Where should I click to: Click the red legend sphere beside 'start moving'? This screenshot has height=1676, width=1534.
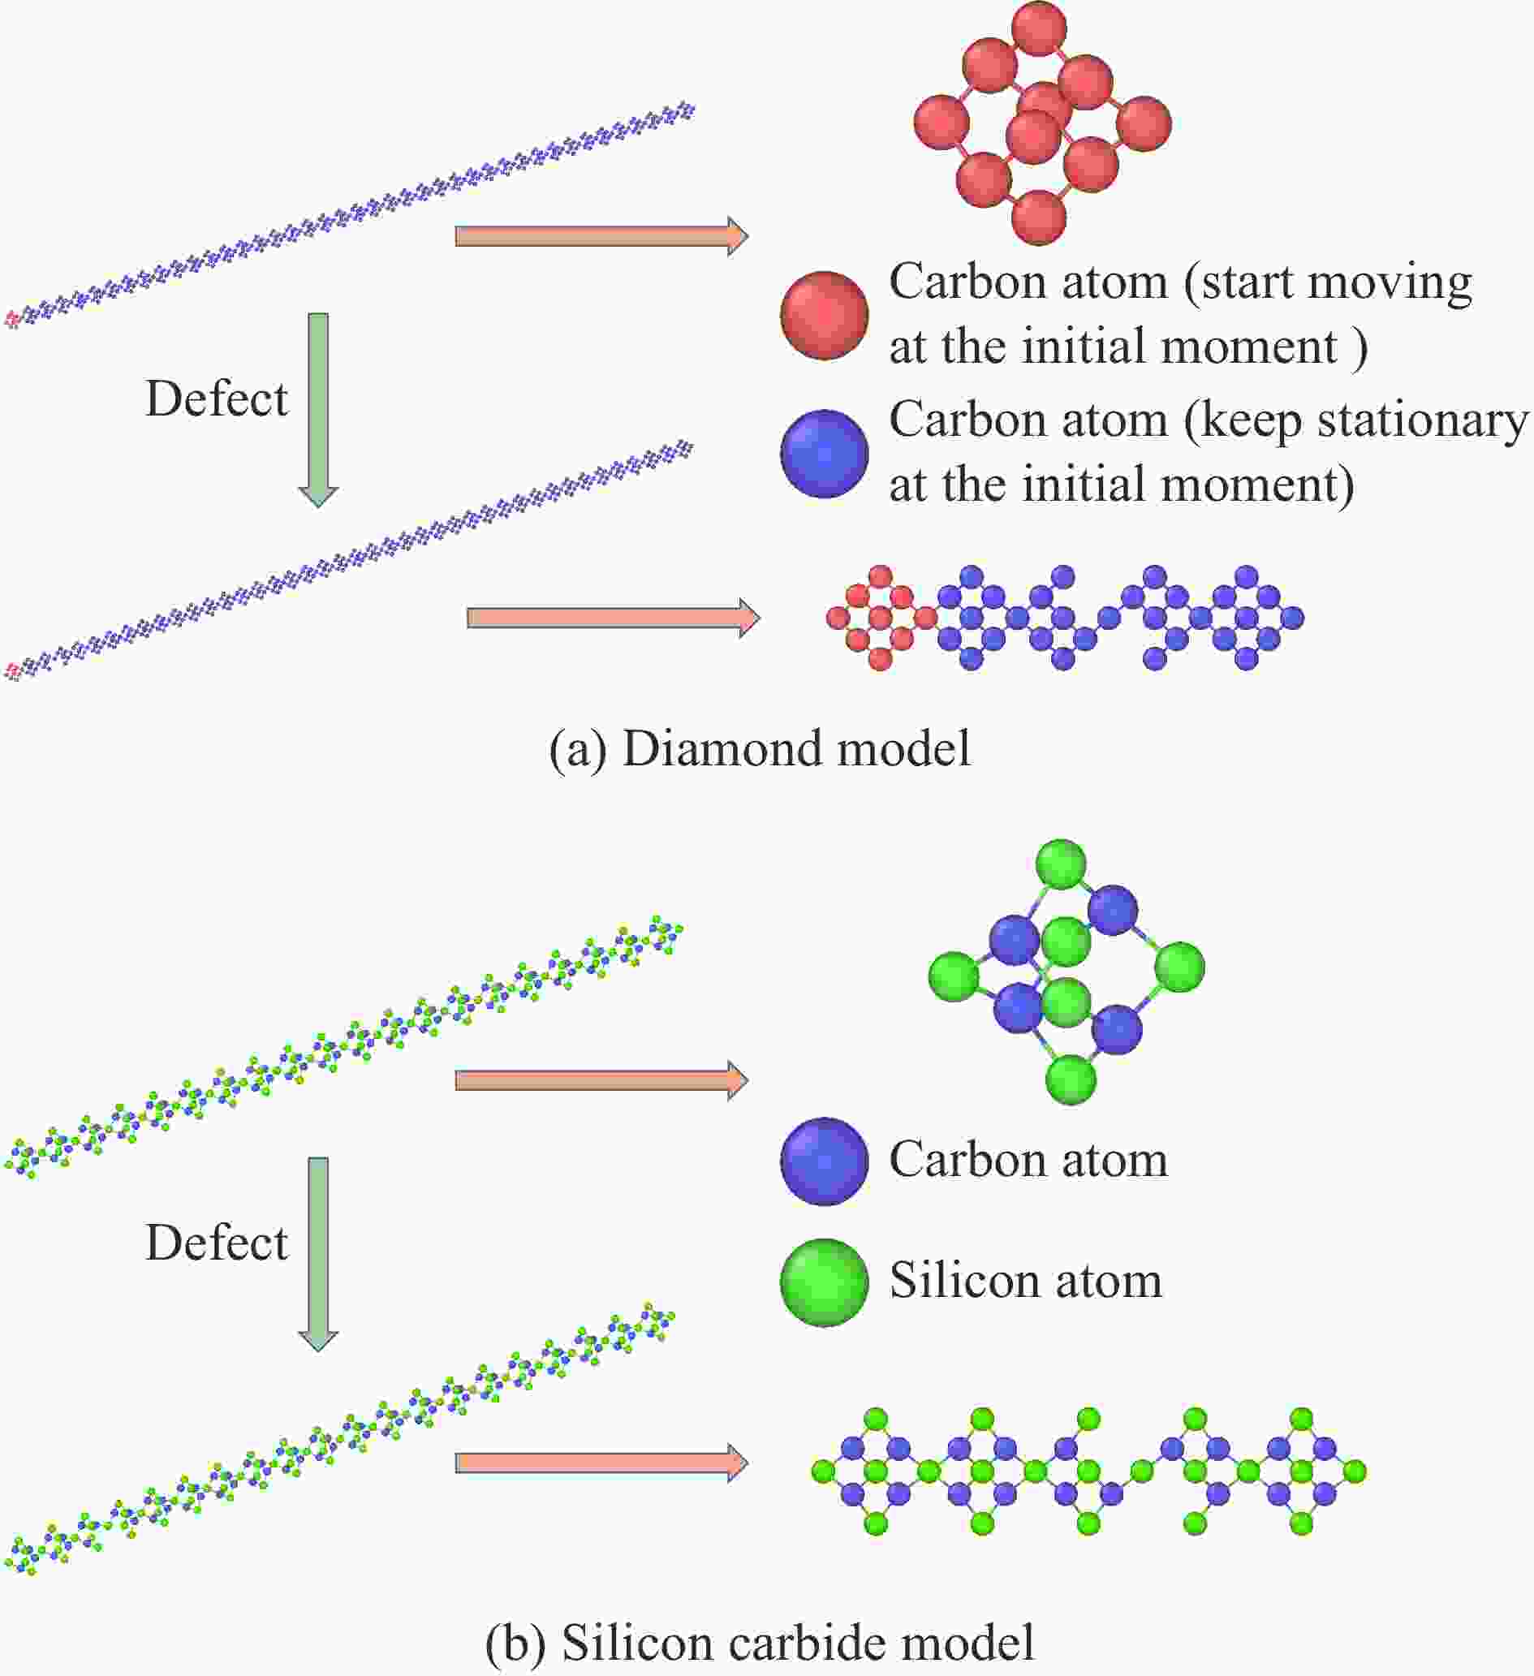tap(824, 315)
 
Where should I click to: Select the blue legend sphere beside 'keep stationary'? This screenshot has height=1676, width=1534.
tap(824, 454)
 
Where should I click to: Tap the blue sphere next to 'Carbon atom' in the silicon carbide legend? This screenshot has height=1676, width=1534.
tap(824, 1161)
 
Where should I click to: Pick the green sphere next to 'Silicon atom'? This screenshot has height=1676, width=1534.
tap(824, 1284)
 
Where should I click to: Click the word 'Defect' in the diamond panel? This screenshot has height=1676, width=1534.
tap(216, 399)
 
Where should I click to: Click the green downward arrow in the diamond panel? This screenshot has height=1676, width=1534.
tap(318, 410)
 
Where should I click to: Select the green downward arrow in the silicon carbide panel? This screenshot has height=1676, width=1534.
tap(318, 1254)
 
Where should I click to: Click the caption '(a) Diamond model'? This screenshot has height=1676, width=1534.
tap(759, 748)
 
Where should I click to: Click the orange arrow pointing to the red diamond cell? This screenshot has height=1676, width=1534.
tap(601, 236)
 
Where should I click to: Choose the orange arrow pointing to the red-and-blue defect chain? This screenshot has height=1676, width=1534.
tap(613, 618)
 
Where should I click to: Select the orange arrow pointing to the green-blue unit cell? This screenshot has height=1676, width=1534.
tap(601, 1081)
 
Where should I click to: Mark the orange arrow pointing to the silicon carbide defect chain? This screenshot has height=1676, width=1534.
tap(601, 1463)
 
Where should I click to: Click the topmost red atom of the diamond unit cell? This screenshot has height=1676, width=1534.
tap(1039, 28)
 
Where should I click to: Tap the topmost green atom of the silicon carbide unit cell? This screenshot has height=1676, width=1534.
tap(1062, 864)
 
